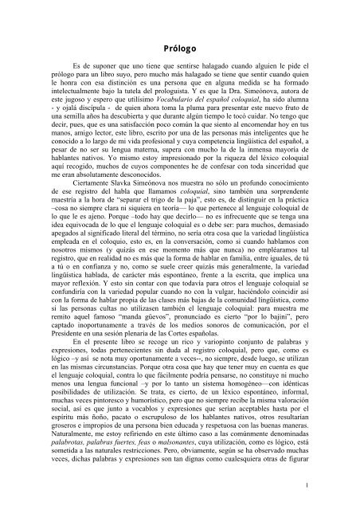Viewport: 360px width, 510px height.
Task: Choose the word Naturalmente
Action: coord(71,428)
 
